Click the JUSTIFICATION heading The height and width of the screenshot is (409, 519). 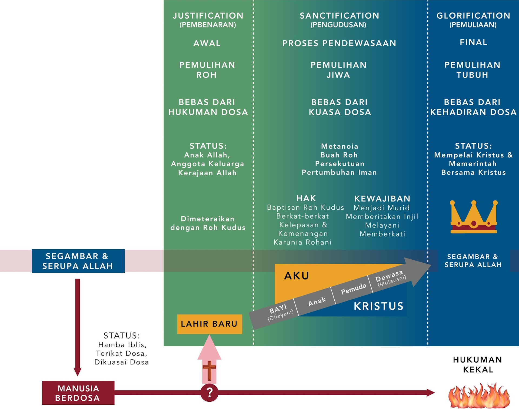[208, 16]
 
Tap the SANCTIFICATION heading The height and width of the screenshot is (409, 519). [339, 16]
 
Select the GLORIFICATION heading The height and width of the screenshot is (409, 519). [473, 16]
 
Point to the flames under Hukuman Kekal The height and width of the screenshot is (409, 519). [479, 396]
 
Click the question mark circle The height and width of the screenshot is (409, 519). [209, 392]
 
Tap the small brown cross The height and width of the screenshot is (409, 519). [209, 370]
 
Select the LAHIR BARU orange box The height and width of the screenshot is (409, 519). [209, 324]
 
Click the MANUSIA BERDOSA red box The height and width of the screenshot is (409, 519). [78, 393]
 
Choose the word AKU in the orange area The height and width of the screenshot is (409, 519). [297, 276]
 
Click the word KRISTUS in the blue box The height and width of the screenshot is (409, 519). [378, 306]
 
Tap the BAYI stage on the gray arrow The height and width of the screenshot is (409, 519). [278, 309]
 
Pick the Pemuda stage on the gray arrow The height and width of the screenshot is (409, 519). [353, 289]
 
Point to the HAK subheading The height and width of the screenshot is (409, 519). [306, 198]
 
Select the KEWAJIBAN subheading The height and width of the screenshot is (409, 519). [382, 199]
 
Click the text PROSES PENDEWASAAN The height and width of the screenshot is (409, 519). [339, 43]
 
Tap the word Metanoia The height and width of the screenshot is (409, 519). [340, 146]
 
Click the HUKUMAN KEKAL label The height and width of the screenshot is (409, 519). [478, 364]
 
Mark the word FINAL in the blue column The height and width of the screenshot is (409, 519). [473, 42]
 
